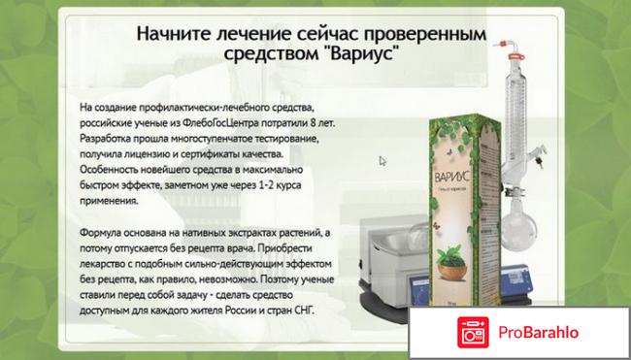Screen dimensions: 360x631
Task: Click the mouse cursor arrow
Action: coord(382,162)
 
